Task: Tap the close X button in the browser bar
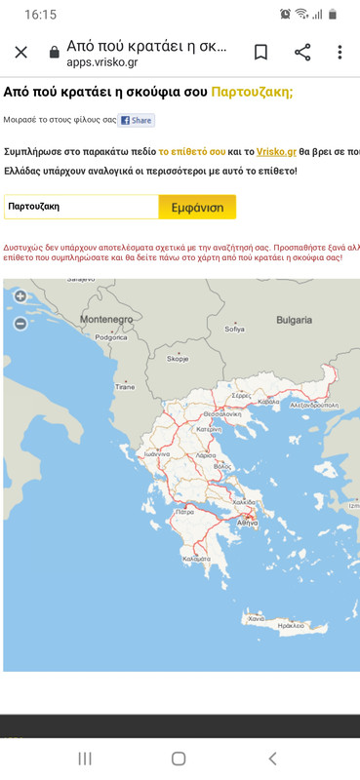(21, 53)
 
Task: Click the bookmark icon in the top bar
(260, 53)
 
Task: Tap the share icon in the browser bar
(302, 53)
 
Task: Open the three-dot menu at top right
(340, 53)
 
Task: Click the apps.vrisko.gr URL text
(102, 62)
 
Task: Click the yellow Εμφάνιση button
(197, 208)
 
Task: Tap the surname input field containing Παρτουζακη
(81, 208)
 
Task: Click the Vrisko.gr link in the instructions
(276, 152)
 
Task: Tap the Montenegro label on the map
(105, 320)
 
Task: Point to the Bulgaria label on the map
(294, 320)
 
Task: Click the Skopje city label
(178, 359)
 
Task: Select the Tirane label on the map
(125, 387)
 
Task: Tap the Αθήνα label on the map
(246, 524)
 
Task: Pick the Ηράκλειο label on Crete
(292, 625)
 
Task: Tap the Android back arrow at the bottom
(272, 759)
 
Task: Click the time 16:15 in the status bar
(40, 15)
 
